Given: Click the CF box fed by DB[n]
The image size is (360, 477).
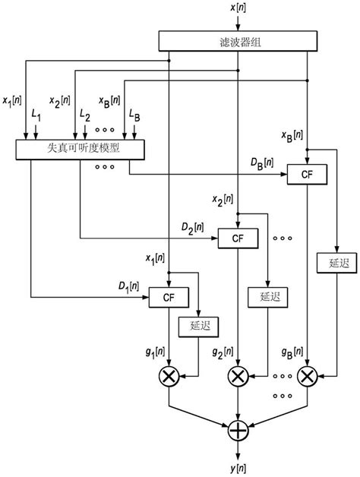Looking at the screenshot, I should pyautogui.click(x=307, y=175).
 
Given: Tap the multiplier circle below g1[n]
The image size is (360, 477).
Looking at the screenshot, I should pyautogui.click(x=169, y=375).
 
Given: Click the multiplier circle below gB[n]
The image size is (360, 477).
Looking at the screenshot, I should pyautogui.click(x=307, y=375).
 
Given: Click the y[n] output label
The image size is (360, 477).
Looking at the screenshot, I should pyautogui.click(x=238, y=465).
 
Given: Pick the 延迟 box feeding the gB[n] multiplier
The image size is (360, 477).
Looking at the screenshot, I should pyautogui.click(x=333, y=263).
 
